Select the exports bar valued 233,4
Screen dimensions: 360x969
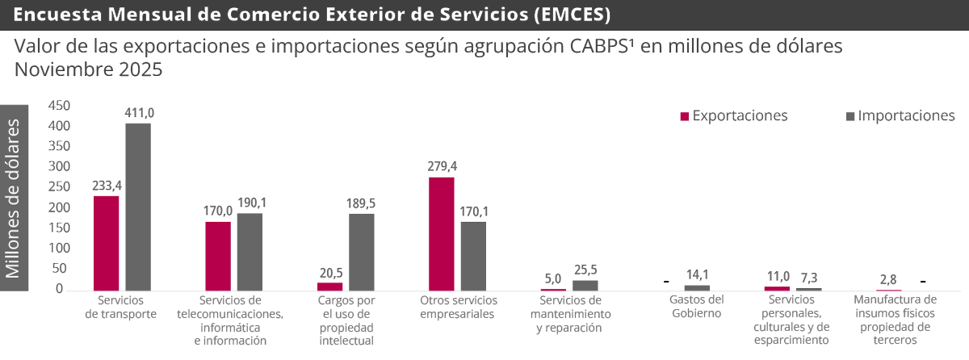pos(107,243)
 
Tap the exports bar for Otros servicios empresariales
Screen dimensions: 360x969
pos(442,233)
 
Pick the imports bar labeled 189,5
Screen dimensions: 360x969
pos(362,252)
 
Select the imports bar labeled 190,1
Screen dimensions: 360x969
pos(250,251)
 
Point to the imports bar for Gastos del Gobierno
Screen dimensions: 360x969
pos(697,287)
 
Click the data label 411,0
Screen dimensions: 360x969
pos(139,114)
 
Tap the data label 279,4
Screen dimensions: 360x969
pos(443,166)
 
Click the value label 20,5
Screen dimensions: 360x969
pos(330,273)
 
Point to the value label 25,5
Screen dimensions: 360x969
pos(585,270)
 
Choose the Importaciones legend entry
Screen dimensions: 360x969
pos(900,116)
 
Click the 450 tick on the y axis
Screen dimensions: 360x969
pos(60,106)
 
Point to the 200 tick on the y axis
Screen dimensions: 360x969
pos(60,207)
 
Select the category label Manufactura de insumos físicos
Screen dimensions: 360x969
pos(894,320)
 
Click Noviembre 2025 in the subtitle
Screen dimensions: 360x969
pos(89,70)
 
